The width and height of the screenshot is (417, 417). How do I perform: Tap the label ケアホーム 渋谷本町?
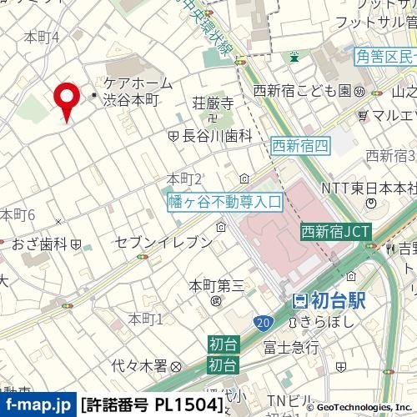pyautogui.click(x=138, y=91)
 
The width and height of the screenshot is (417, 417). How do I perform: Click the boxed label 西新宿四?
pyautogui.click(x=301, y=146)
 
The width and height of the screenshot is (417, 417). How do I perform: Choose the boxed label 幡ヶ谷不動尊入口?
pyautogui.click(x=225, y=201)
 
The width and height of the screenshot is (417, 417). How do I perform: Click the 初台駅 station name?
pyautogui.click(x=329, y=302)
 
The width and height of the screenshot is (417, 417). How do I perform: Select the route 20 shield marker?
pyautogui.click(x=264, y=322)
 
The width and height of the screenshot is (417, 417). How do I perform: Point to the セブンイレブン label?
pyautogui.click(x=163, y=242)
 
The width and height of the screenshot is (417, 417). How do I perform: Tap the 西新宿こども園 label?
pyautogui.click(x=304, y=91)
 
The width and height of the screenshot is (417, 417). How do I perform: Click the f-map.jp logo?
pyautogui.click(x=37, y=406)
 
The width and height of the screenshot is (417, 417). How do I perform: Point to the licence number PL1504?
pyautogui.click(x=153, y=406)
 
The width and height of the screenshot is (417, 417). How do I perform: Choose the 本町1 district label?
pyautogui.click(x=145, y=319)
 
